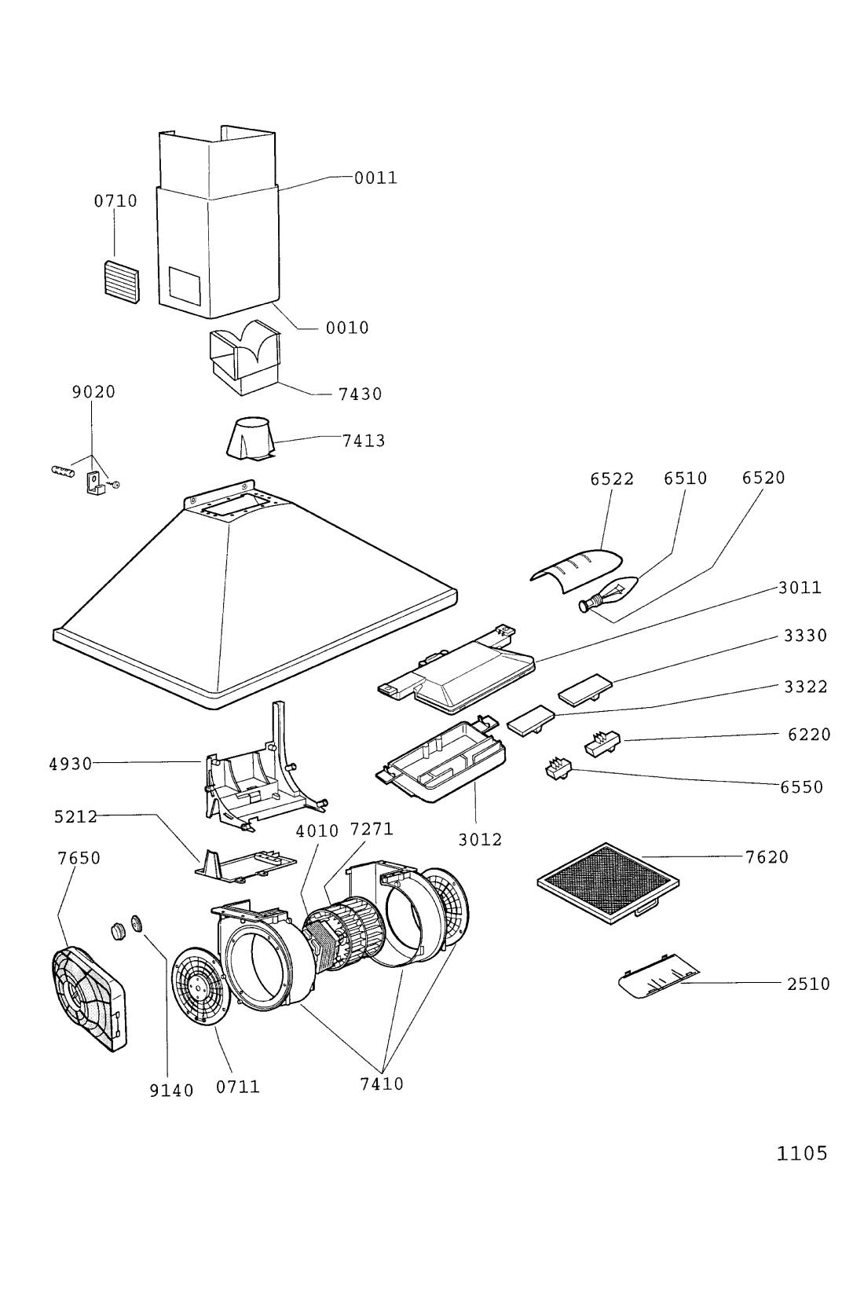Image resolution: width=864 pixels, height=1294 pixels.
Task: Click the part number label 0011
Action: pyautogui.click(x=375, y=178)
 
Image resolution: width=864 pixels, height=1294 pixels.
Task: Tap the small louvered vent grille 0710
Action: pyautogui.click(x=122, y=282)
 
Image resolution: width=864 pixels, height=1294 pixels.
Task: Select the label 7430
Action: pyautogui.click(x=361, y=394)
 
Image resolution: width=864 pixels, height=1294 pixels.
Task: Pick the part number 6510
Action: pyautogui.click(x=686, y=478)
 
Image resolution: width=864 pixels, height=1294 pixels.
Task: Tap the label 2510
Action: pyautogui.click(x=809, y=984)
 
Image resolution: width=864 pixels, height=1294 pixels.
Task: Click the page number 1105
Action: pyautogui.click(x=802, y=1153)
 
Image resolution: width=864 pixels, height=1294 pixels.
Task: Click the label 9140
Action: pyautogui.click(x=171, y=1090)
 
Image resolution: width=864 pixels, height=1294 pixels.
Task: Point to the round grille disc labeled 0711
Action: pyautogui.click(x=197, y=986)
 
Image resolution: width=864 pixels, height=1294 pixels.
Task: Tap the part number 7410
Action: pyautogui.click(x=382, y=1084)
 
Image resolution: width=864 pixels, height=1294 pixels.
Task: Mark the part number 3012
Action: pyautogui.click(x=480, y=839)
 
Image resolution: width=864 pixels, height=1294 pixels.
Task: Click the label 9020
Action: pyautogui.click(x=94, y=391)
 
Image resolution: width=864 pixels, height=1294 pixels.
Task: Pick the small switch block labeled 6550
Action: pyautogui.click(x=558, y=770)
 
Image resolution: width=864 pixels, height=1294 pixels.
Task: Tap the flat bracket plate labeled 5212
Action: pyautogui.click(x=245, y=864)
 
